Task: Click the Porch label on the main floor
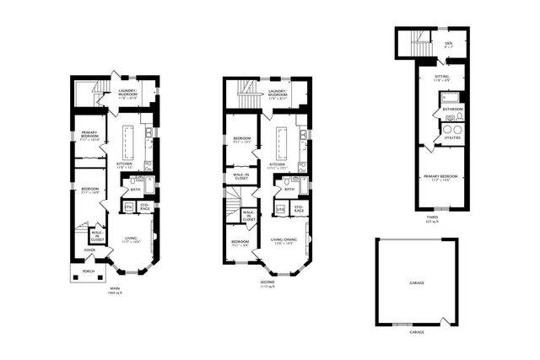coord(89,272)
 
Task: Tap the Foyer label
coord(89,250)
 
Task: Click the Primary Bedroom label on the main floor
coord(89,137)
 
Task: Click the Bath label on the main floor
coord(135,189)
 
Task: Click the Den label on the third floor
coord(447,43)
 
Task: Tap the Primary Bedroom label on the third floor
coord(441,176)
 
